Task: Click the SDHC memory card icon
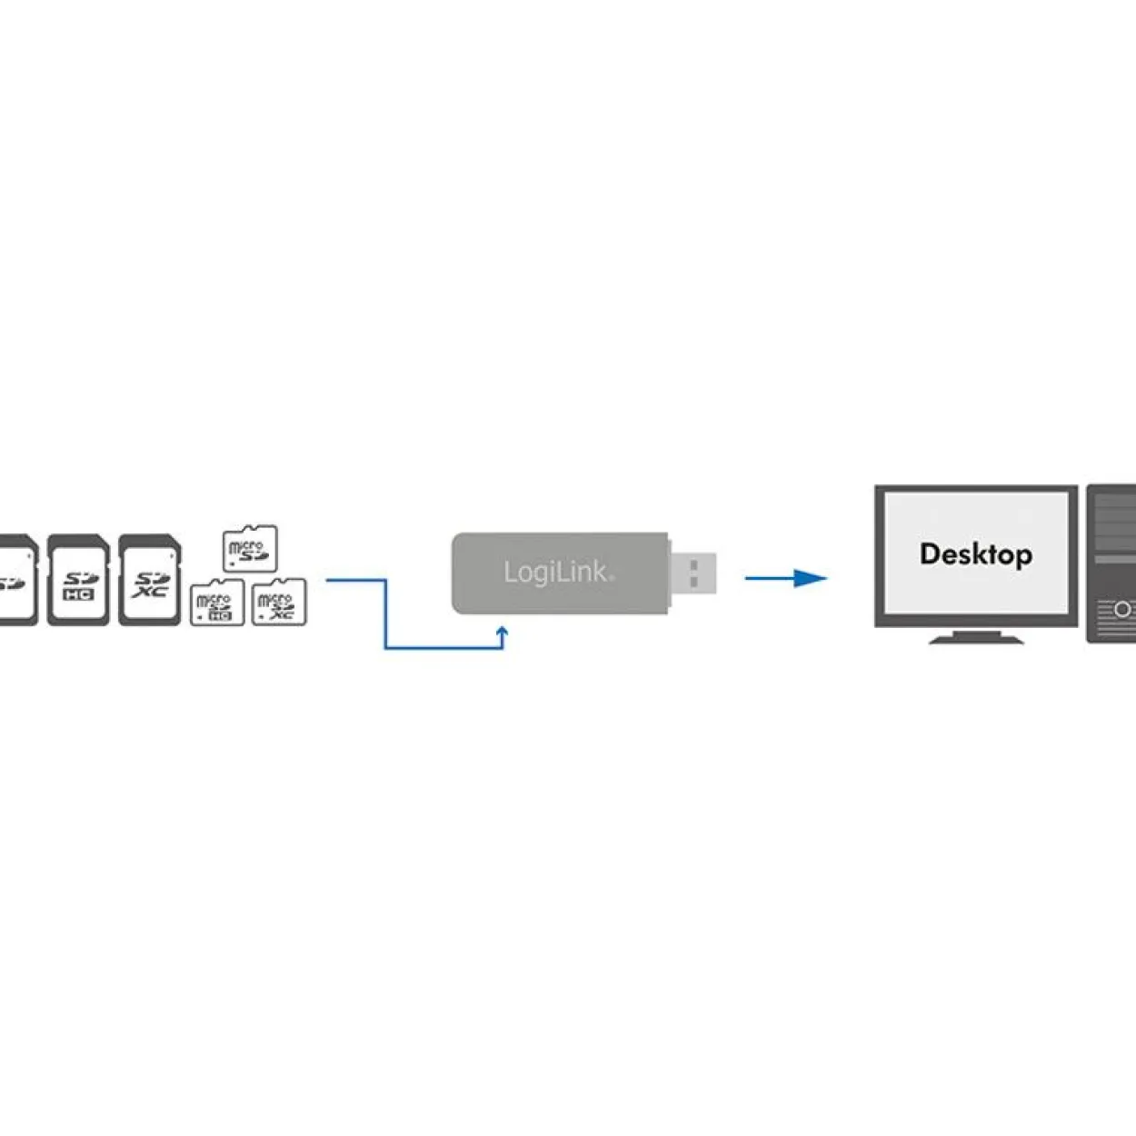78,580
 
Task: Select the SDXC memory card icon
150,580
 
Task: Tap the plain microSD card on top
250,548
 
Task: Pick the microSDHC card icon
217,602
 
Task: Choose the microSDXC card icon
279,602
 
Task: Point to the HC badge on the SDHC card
78,595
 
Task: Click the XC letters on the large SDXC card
149,591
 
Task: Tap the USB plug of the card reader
693,573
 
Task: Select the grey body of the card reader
560,573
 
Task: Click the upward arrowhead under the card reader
503,633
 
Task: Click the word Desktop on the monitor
976,554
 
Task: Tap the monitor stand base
976,640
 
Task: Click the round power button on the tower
1123,610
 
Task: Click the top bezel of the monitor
976,489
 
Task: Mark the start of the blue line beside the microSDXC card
326,580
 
